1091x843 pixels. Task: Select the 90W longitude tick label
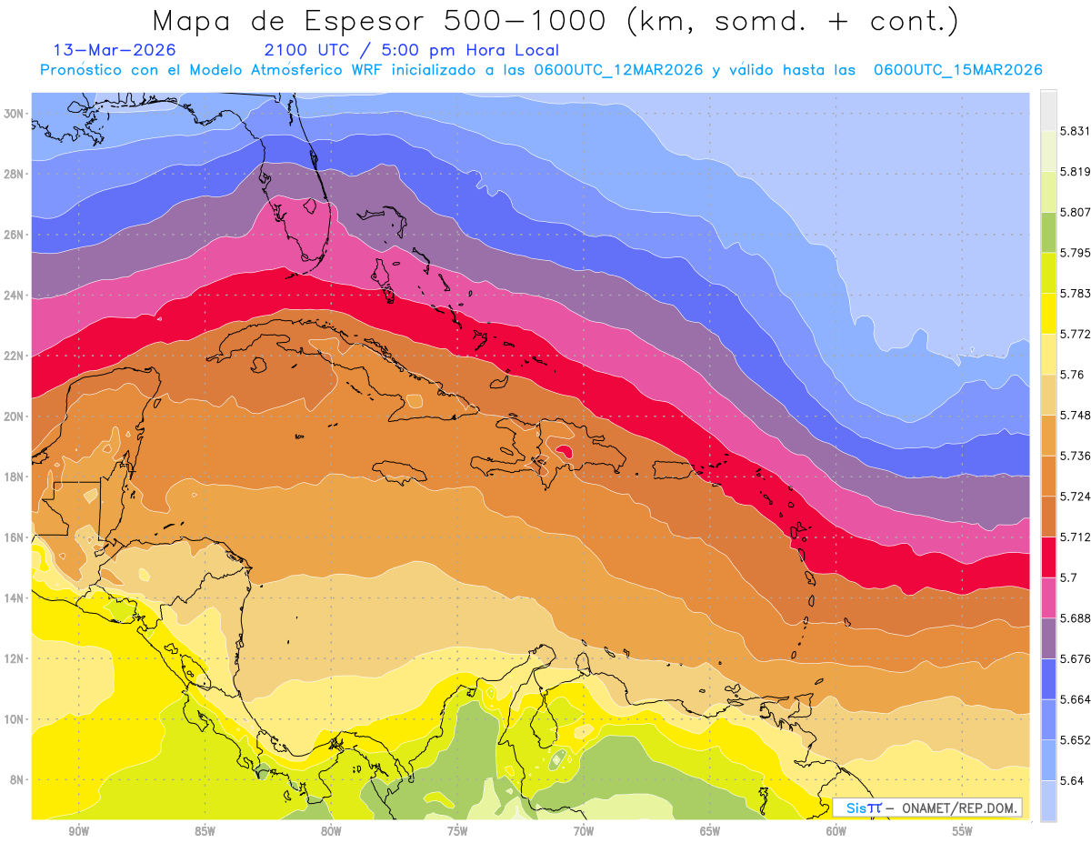[x=78, y=830]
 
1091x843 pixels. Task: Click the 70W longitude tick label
[x=584, y=830]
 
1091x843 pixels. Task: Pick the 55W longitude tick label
[x=963, y=830]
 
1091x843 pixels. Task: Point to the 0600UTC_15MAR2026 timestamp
[x=957, y=70]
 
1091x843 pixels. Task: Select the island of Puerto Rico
[x=674, y=470]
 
